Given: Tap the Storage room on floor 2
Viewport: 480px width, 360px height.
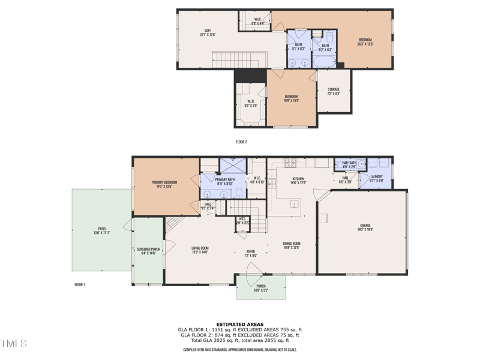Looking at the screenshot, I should click(x=334, y=92).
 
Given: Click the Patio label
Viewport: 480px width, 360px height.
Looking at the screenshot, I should click(x=100, y=230).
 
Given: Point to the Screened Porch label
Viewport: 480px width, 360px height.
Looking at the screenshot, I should click(x=147, y=251).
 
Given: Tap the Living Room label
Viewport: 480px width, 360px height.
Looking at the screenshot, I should click(x=200, y=250).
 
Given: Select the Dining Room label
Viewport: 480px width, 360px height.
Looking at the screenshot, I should click(x=292, y=245).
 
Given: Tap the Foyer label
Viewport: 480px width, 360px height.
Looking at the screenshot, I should click(x=251, y=253).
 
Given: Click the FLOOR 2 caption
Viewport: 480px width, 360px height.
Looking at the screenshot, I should click(x=241, y=142).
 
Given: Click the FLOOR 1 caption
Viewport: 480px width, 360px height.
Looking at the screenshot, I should click(x=79, y=284).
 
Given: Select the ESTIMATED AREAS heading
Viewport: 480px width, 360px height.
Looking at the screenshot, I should click(x=240, y=325).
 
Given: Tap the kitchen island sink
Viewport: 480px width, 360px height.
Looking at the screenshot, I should click(x=295, y=205).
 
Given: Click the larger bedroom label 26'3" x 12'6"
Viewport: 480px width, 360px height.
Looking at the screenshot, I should click(x=365, y=41).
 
